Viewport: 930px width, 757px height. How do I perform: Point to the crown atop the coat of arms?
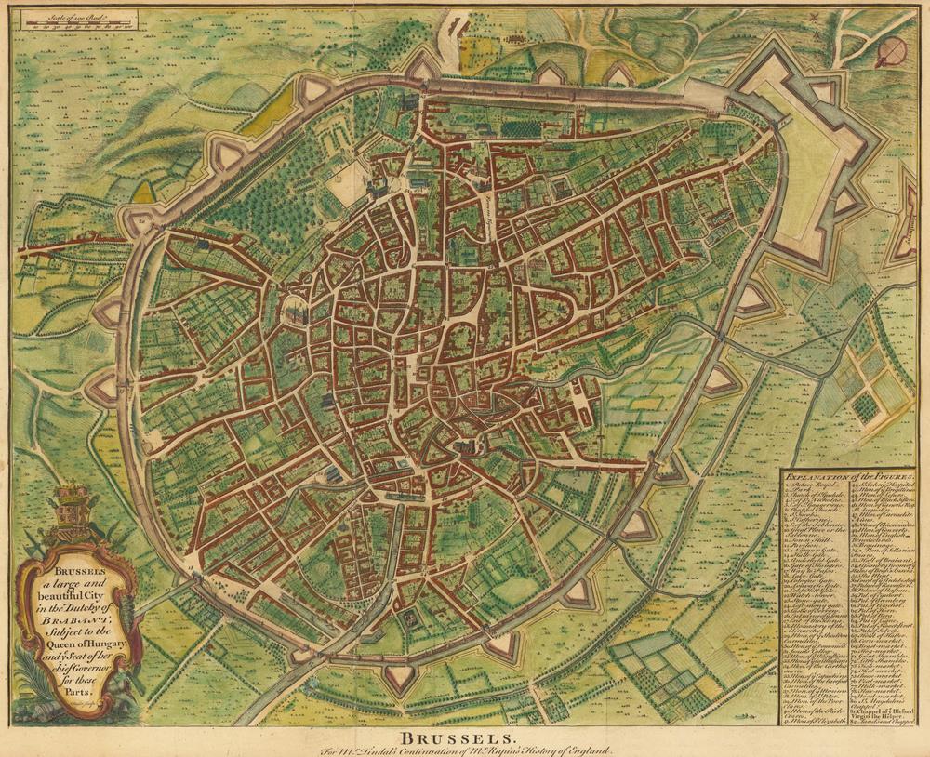click(x=71, y=492)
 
